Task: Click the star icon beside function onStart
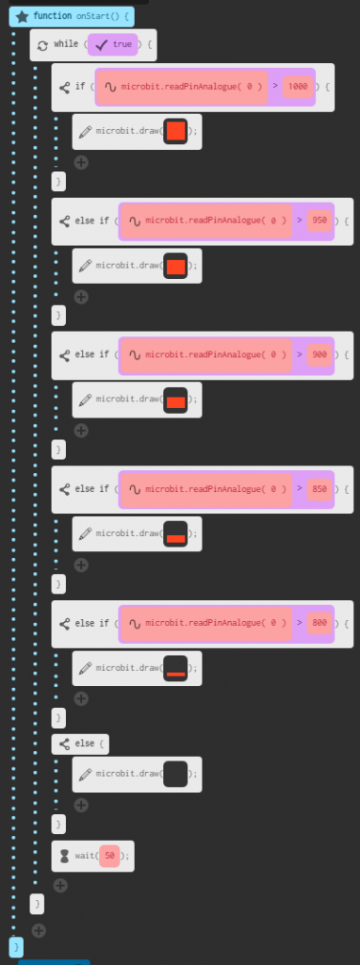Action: point(21,16)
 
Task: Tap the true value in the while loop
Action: point(122,43)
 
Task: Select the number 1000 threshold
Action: point(298,86)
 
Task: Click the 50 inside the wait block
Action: point(109,856)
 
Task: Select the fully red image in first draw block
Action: point(175,132)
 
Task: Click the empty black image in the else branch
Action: point(175,775)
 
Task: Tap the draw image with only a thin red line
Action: point(175,668)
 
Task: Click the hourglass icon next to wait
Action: point(64,856)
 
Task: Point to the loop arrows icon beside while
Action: point(41,44)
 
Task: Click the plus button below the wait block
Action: point(60,885)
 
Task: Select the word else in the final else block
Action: point(84,744)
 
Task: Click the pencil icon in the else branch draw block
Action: point(85,775)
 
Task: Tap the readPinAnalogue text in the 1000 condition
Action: point(188,86)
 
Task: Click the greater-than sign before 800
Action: point(299,623)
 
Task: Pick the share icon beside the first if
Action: point(64,87)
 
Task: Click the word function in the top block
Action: point(53,16)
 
